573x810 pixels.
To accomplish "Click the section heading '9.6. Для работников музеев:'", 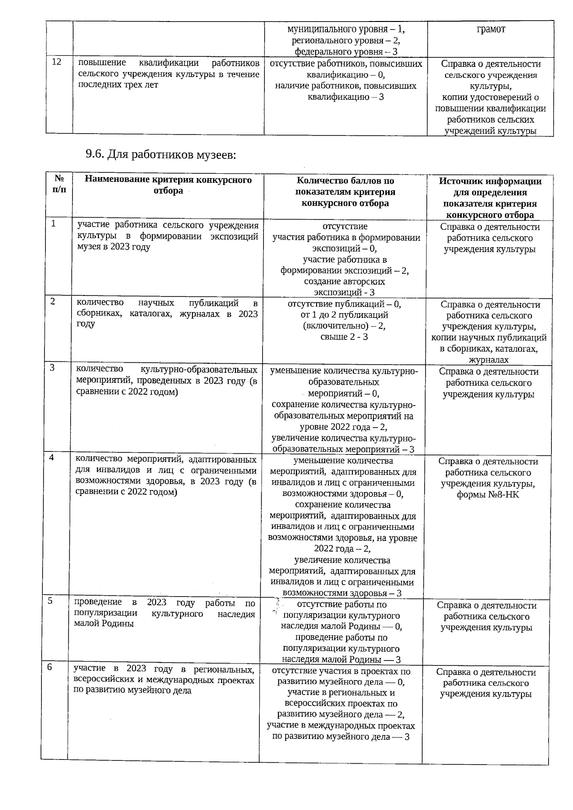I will (161, 155).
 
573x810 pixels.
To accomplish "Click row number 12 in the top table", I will (56, 62).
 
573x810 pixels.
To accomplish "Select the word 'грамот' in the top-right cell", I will (490, 29).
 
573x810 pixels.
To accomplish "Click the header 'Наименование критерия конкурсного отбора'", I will (168, 185).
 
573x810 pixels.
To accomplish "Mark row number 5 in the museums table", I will (50, 601).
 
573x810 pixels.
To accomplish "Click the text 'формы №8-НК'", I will (488, 494).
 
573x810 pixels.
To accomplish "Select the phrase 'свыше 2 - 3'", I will (344, 337).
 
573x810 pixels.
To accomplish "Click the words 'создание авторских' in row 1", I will (344, 282).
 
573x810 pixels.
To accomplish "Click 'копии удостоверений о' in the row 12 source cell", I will (490, 97).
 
